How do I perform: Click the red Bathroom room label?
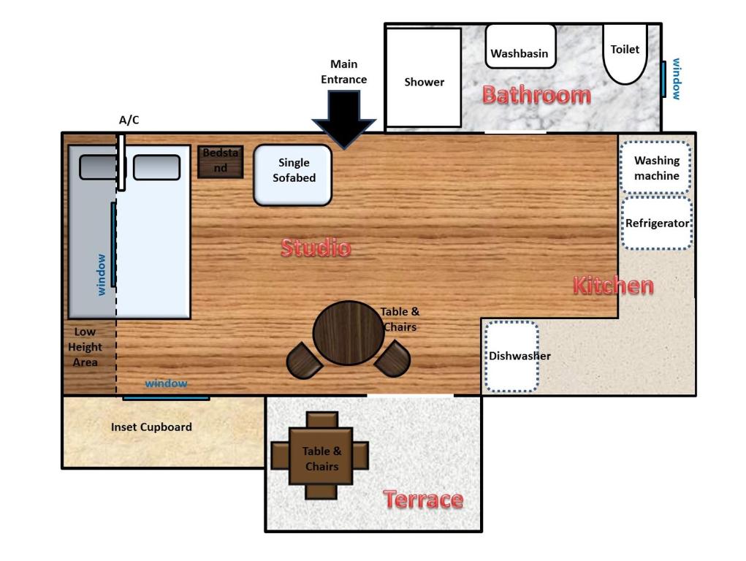[x=536, y=95]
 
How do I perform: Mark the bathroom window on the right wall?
[x=664, y=79]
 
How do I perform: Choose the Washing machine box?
[x=656, y=167]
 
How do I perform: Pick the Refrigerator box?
[x=657, y=223]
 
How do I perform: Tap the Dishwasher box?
[x=511, y=356]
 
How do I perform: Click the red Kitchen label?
[x=612, y=286]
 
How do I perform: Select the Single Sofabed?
[x=293, y=175]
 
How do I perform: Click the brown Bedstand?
[x=220, y=161]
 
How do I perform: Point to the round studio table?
[x=348, y=333]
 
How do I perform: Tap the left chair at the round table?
[x=304, y=359]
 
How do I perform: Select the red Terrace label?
[x=423, y=500]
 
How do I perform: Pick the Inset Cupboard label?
[x=151, y=427]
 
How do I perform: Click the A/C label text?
[x=129, y=120]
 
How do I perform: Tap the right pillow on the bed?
[x=156, y=167]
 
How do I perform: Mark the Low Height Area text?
[x=85, y=347]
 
